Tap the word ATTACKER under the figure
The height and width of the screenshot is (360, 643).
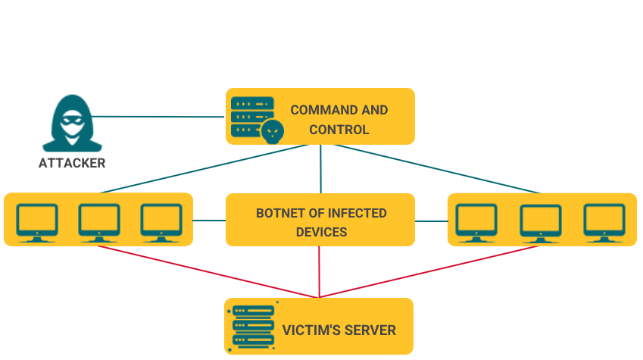pos(72,163)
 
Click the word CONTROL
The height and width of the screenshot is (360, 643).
pos(339,130)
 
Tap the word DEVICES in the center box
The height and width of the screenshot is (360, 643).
pos(320,232)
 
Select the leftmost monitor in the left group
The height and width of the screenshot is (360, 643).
pos(37,222)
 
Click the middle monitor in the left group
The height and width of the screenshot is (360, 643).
pos(99,222)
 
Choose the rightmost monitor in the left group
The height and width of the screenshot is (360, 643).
pos(161,222)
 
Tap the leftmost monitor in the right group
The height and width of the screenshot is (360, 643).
pos(476,222)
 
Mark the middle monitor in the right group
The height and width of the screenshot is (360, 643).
pos(540,222)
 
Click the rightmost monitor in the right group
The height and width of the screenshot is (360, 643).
pos(604,222)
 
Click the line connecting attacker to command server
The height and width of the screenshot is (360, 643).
pos(159,117)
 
